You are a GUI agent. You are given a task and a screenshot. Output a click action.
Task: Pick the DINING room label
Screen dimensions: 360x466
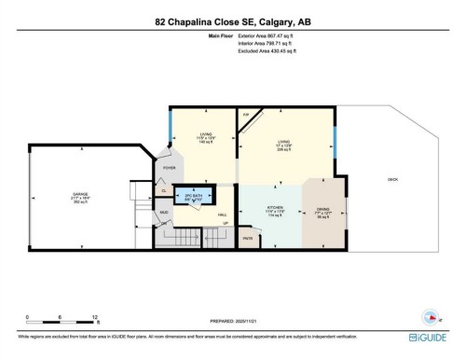(x=322, y=212)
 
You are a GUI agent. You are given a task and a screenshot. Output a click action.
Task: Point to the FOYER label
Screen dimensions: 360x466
(x=170, y=168)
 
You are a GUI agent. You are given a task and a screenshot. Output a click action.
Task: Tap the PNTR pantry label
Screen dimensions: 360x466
(x=248, y=239)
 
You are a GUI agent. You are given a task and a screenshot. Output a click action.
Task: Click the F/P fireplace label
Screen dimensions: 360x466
(x=246, y=115)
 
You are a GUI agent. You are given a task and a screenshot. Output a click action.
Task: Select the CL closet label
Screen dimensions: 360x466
(x=164, y=189)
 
